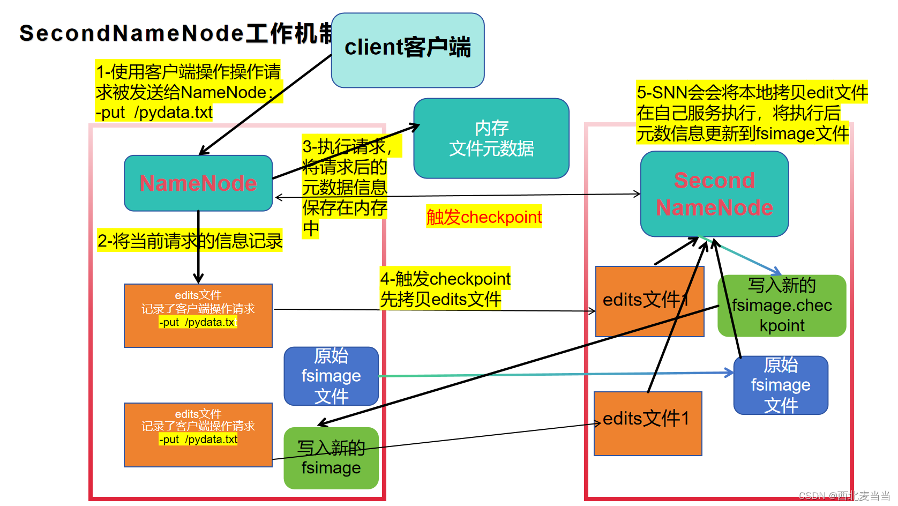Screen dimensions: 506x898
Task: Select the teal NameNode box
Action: coord(198,183)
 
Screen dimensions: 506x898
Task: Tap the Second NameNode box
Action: coord(714,194)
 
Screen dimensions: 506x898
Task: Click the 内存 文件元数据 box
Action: coord(491,138)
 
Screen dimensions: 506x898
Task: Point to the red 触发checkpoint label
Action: coord(484,217)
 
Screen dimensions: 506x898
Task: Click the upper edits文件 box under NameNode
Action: coord(198,315)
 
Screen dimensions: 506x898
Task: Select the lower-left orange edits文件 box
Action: coord(198,435)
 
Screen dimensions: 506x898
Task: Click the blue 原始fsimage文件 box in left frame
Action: coord(331,376)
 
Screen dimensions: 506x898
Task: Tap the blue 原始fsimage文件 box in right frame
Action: coord(781,385)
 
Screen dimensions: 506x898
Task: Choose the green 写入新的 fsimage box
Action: coord(331,458)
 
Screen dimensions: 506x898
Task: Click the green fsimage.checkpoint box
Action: coord(782,306)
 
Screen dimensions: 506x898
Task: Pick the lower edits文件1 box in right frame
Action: coord(647,423)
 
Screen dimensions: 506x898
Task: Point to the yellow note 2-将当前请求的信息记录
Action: coord(190,241)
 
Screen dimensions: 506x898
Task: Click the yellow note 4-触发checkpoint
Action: coord(444,289)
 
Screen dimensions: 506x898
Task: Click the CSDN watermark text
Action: coord(843,496)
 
